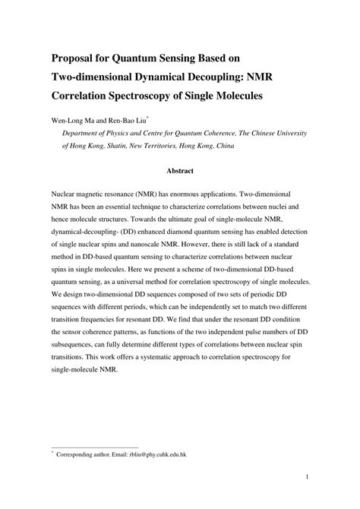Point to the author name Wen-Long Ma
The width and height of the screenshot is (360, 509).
coord(73,120)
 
